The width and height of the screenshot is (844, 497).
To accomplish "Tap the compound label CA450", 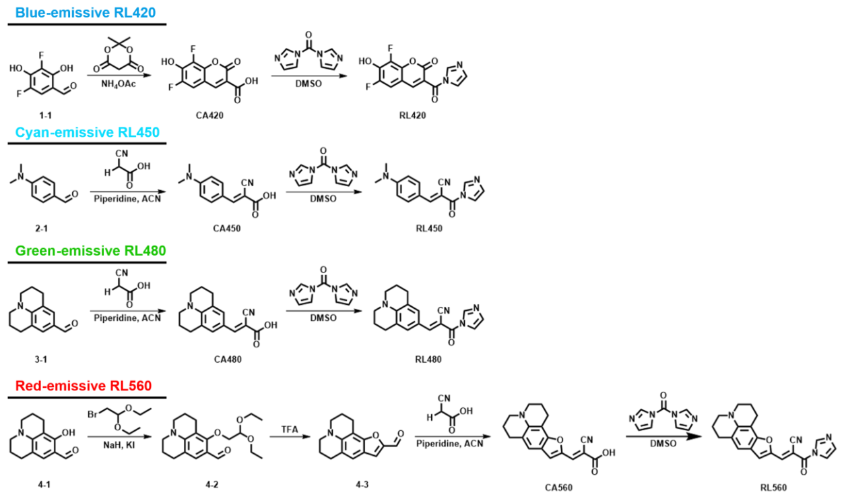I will coord(227,228).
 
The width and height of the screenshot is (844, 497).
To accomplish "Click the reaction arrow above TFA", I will coord(290,437).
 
